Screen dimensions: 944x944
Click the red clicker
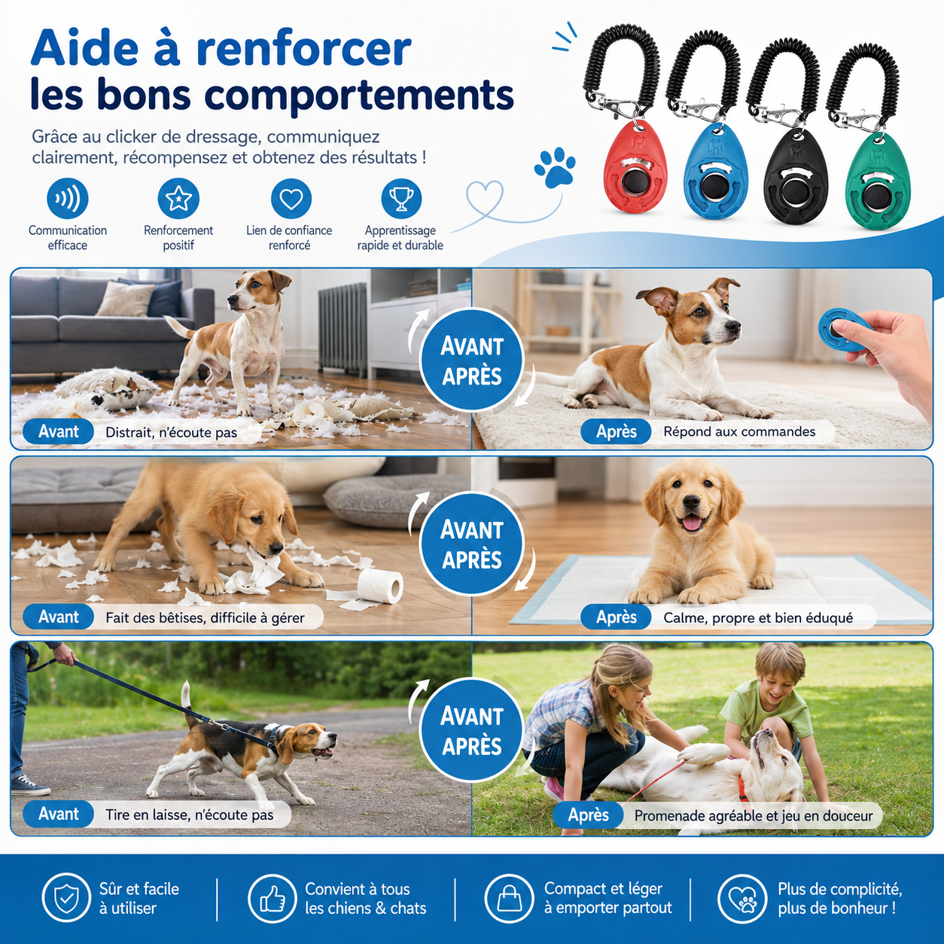(x=635, y=166)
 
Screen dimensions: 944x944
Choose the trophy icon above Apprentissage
(x=401, y=199)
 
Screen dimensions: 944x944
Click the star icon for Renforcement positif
(x=178, y=199)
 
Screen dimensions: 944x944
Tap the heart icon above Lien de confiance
(x=291, y=199)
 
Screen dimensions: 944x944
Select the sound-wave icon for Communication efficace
(x=68, y=199)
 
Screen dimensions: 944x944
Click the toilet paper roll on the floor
(x=380, y=586)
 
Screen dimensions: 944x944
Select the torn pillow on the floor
(x=105, y=388)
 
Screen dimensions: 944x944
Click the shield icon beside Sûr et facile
(x=66, y=898)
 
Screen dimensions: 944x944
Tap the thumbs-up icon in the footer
(x=273, y=898)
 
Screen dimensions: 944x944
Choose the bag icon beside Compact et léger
(x=509, y=898)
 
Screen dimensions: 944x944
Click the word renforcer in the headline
(x=303, y=49)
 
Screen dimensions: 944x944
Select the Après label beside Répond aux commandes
(x=616, y=431)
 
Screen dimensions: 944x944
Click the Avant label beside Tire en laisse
(x=58, y=814)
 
